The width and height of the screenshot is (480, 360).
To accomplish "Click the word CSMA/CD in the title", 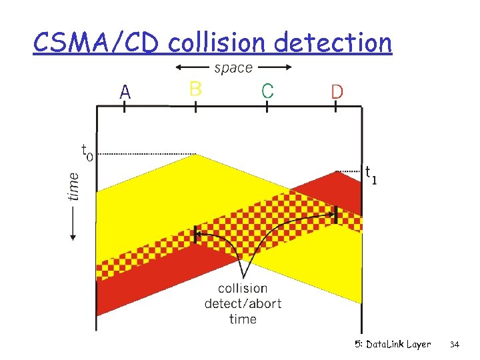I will [96, 43].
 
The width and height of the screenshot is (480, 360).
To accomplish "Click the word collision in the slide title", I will [218, 43].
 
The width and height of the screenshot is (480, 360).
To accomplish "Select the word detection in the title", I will [333, 43].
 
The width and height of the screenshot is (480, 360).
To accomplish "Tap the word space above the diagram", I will [233, 67].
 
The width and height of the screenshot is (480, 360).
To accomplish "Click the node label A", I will [125, 93].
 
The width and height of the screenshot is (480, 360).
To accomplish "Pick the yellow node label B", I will [195, 89].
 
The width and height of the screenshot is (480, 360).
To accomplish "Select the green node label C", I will [267, 91].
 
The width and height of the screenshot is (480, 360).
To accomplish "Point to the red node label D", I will [337, 91].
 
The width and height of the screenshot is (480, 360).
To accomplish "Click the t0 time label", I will [87, 152].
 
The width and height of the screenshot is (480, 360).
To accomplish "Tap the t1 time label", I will [371, 175].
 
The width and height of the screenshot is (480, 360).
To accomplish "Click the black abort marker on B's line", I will [195, 234].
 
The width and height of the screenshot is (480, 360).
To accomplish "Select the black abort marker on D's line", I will [336, 214].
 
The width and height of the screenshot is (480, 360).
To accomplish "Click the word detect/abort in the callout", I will [243, 304].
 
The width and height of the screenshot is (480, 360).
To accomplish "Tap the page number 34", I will [455, 345].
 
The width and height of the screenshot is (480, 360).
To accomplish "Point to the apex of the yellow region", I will [195, 155].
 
